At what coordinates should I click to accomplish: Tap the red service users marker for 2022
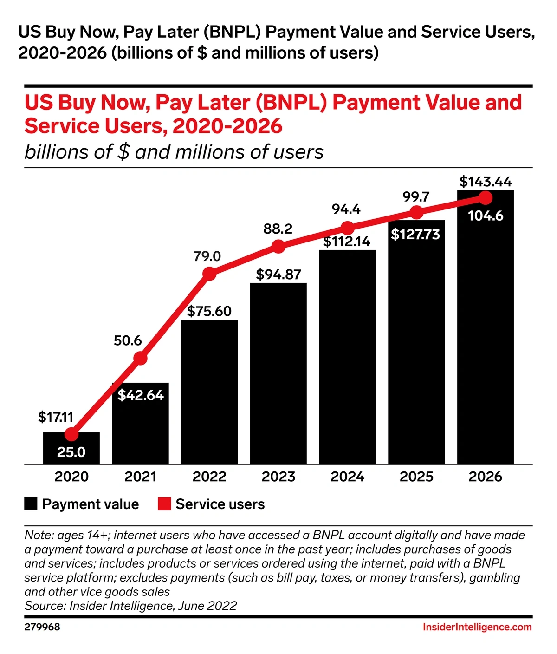(x=209, y=274)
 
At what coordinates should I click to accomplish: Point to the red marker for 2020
(x=71, y=434)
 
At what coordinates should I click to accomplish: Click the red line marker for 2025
(x=416, y=212)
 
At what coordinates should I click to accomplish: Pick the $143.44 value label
(x=486, y=181)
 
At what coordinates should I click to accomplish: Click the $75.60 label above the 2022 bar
(x=209, y=311)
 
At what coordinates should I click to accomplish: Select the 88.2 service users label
(x=278, y=229)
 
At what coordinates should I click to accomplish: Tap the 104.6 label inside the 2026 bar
(x=486, y=216)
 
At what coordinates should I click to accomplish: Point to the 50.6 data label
(x=128, y=340)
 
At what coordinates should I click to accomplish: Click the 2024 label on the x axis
(x=347, y=477)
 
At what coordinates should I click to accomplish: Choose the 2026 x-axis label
(x=486, y=477)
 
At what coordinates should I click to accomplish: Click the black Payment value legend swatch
(x=31, y=504)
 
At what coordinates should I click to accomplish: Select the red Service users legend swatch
(x=164, y=504)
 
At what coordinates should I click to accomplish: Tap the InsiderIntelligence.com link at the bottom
(x=477, y=627)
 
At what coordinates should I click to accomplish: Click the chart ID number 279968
(x=42, y=627)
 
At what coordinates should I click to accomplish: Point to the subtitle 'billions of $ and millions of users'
(x=174, y=152)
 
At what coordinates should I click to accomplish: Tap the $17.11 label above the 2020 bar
(x=56, y=417)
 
